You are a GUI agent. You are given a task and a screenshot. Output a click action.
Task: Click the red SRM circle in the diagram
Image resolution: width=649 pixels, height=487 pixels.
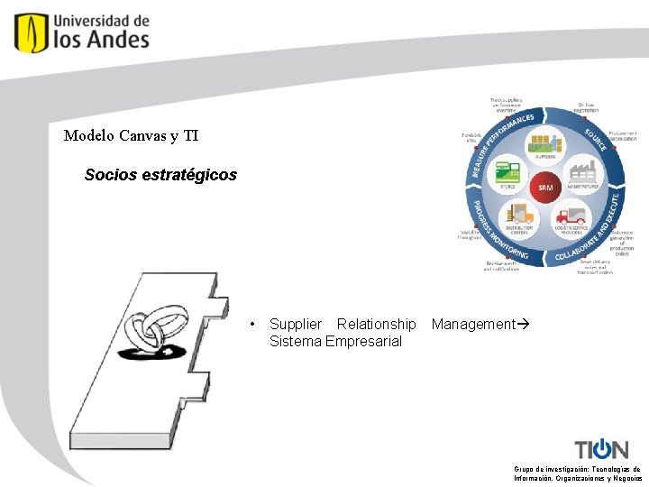545,188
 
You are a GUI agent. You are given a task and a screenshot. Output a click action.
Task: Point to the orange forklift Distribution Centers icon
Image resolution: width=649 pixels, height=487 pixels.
521,216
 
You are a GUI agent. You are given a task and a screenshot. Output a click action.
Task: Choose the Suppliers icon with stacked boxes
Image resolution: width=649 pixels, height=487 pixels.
545,145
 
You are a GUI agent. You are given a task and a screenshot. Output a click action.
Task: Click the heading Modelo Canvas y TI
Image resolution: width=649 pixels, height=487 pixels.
131,136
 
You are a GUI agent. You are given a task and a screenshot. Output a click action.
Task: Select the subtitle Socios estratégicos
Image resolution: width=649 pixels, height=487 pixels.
160,175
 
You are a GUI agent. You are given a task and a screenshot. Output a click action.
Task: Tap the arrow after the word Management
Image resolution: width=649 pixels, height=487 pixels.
522,324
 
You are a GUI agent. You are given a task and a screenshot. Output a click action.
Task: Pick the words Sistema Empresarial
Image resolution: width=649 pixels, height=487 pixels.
335,341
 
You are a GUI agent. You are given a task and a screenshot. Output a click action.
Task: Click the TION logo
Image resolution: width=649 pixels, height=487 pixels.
601,448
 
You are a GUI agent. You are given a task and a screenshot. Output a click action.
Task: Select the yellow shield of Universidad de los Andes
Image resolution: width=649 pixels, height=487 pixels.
31,32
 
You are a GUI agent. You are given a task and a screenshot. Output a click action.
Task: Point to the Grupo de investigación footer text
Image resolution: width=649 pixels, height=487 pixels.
577,473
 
